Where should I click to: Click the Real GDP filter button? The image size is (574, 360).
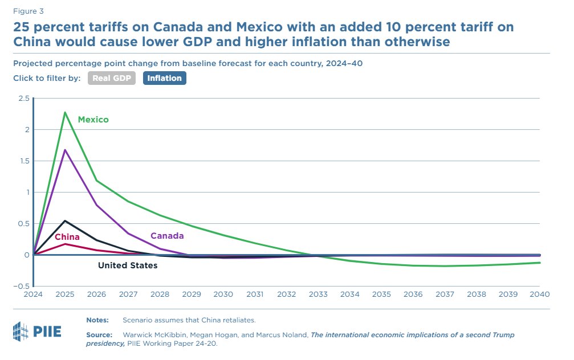coord(111,78)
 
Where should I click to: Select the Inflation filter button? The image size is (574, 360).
coord(164,78)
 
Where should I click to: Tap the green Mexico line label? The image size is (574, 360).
coord(93,120)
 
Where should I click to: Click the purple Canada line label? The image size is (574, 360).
coord(167,236)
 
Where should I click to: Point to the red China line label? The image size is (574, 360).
coord(67,237)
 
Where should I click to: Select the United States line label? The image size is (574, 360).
coord(128,265)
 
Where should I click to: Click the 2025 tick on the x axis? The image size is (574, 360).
coord(65,294)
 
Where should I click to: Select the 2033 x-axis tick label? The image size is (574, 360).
coord(318,294)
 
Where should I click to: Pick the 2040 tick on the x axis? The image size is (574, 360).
coord(539,294)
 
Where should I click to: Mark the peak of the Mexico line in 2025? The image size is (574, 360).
coord(65,112)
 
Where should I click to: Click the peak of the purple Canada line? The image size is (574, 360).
coord(65,150)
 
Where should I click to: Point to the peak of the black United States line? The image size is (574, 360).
coord(65,220)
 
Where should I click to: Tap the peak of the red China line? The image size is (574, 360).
coord(65,244)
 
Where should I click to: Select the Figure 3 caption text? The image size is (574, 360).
coord(28,10)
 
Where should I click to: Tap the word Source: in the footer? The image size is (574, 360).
coord(100,335)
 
